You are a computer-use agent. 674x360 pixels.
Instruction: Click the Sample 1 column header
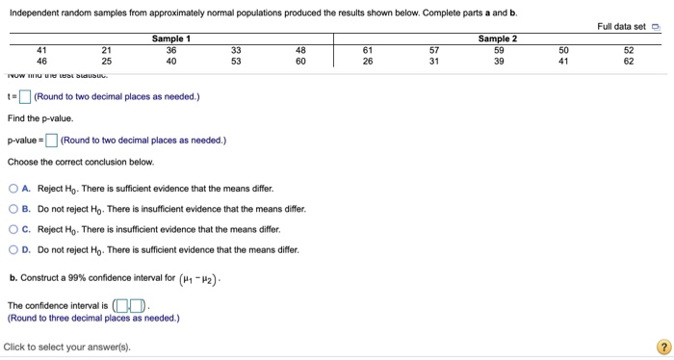(x=171, y=39)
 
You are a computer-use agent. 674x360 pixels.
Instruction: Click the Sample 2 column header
(x=497, y=39)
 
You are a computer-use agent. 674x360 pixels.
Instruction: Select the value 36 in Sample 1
(x=171, y=49)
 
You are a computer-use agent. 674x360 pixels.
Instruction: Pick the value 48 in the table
(x=300, y=49)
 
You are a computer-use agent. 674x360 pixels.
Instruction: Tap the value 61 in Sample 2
(x=367, y=49)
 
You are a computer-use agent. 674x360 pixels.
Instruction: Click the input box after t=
(x=24, y=96)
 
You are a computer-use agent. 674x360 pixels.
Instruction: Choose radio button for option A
(x=13, y=189)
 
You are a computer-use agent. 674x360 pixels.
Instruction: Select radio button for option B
(x=13, y=209)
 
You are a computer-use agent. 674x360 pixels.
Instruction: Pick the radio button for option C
(x=13, y=229)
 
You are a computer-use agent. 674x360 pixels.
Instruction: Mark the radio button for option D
(x=13, y=249)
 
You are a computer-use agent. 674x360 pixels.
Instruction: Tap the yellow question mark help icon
(x=661, y=347)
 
